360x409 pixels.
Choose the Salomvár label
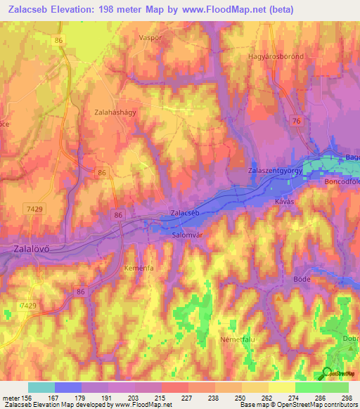click(188, 235)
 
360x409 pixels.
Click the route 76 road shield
click(297, 122)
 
